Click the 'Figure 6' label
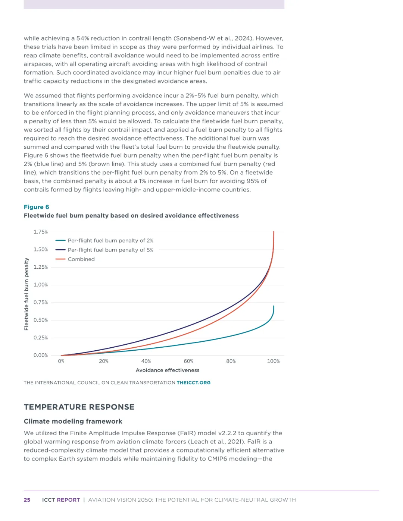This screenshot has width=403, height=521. (x=36, y=207)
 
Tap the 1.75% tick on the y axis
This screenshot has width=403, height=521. (x=41, y=232)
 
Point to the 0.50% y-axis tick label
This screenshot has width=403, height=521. (x=41, y=320)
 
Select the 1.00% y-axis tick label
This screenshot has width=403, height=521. (x=41, y=285)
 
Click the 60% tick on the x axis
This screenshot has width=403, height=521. (x=188, y=361)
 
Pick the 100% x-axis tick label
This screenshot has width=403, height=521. (x=273, y=361)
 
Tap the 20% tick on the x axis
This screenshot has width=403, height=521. (x=104, y=361)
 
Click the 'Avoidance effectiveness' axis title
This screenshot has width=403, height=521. (x=168, y=370)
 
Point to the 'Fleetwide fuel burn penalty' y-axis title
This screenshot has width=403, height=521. (x=26, y=294)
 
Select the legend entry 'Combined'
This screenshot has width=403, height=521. (x=81, y=259)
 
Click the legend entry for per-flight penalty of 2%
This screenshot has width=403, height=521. (x=110, y=241)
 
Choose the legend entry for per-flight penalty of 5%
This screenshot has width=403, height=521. (x=110, y=250)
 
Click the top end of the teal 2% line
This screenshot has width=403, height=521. (x=274, y=307)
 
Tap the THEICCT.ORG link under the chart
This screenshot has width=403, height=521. (x=193, y=383)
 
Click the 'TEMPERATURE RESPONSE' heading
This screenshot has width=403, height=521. (x=79, y=407)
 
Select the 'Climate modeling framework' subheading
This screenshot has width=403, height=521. (x=73, y=421)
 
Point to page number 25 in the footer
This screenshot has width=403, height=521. (x=27, y=500)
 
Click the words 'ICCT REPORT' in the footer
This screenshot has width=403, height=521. (x=61, y=500)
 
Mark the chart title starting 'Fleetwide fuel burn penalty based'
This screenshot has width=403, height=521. (x=131, y=216)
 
